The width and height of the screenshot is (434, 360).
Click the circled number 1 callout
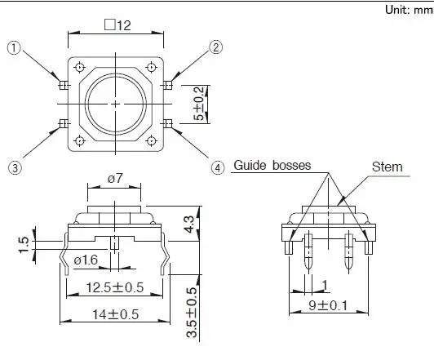click(x=14, y=48)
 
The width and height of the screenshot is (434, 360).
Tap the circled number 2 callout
click(x=215, y=47)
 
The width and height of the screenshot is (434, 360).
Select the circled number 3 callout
click(x=15, y=168)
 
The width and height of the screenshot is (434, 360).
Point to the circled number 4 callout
click(x=218, y=168)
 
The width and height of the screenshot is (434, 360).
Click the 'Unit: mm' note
click(x=409, y=10)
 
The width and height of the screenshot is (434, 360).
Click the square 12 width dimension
click(x=117, y=25)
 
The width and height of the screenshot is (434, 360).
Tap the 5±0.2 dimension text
click(x=199, y=104)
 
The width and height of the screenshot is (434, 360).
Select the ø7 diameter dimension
click(x=115, y=179)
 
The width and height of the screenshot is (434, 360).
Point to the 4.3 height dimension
click(x=189, y=224)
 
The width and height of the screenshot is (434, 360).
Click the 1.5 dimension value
click(x=24, y=245)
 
